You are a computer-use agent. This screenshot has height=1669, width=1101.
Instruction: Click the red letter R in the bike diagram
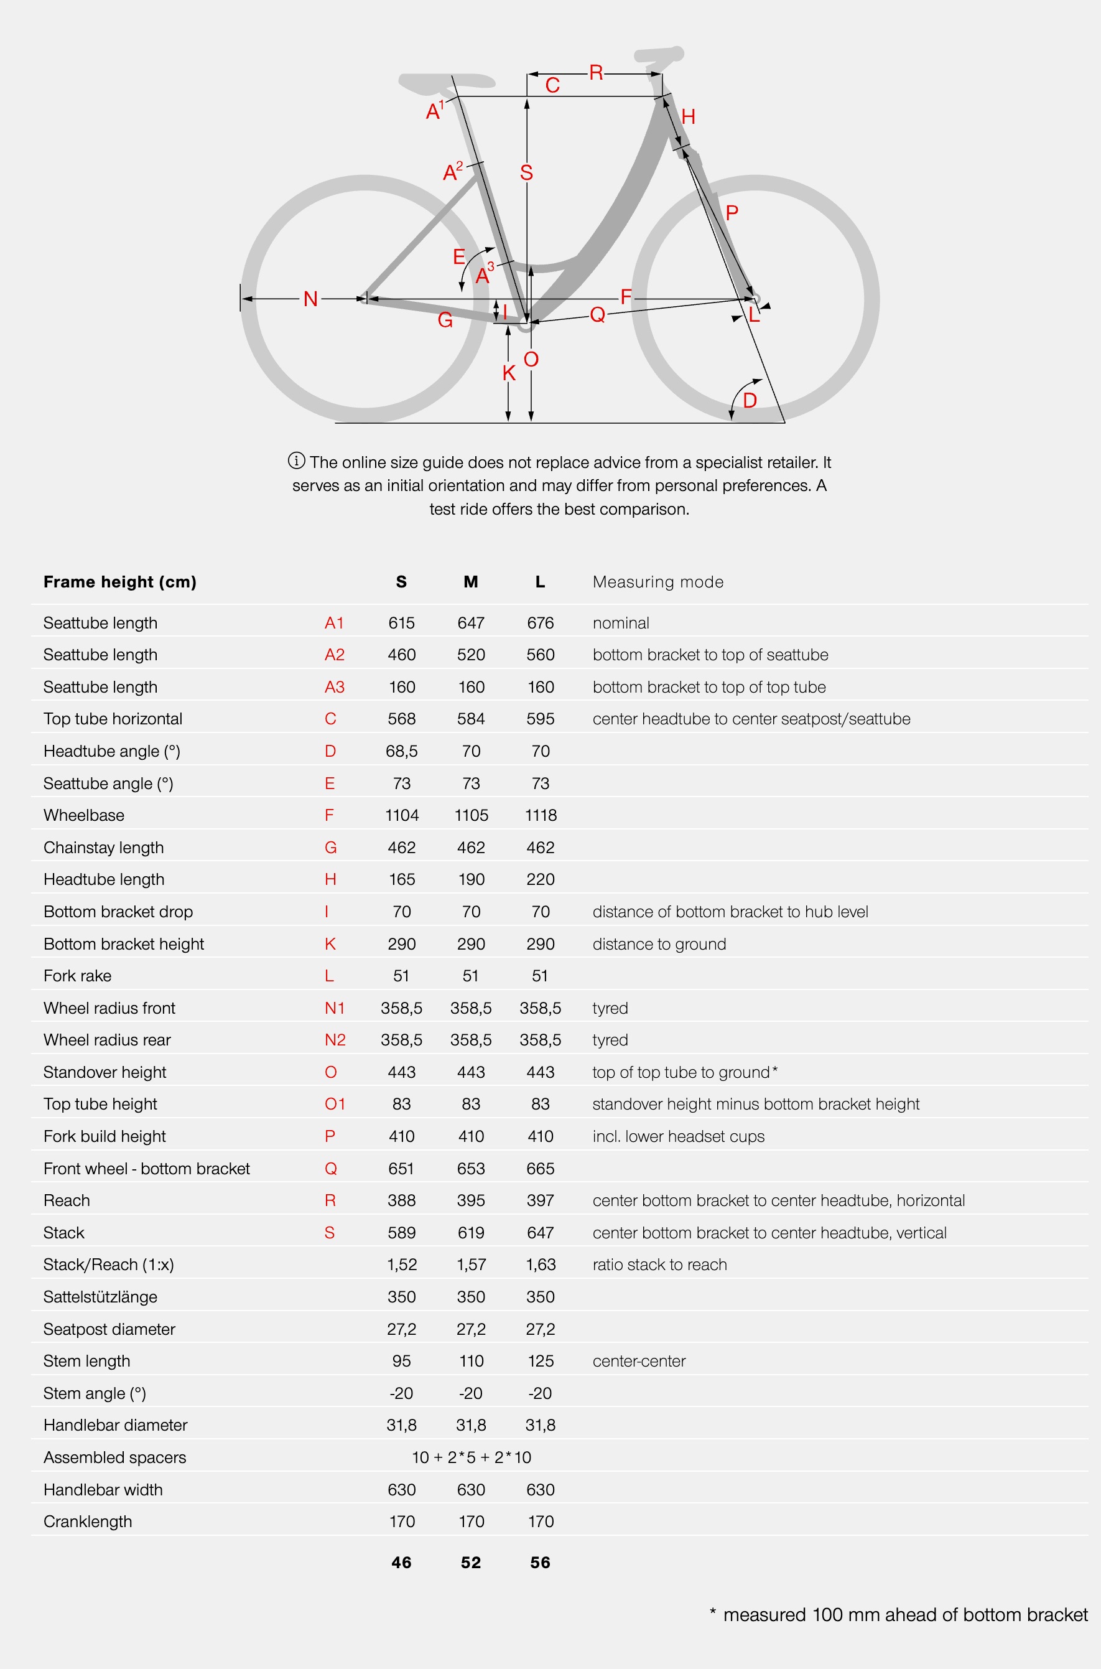pos(596,72)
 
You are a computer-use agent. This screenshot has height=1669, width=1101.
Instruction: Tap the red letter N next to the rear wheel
pos(310,299)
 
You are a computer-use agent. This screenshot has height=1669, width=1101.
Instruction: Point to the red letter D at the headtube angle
pos(750,400)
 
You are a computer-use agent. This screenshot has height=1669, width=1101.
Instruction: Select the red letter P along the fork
pos(732,213)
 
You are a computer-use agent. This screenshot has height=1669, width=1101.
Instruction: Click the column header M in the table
pos(470,582)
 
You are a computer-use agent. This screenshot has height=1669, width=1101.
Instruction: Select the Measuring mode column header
pos(658,582)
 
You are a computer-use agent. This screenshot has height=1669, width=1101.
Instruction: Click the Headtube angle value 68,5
pos(402,751)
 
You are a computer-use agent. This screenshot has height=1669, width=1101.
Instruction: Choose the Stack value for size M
pos(470,1232)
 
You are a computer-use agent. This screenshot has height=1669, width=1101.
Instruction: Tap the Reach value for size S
pos(402,1200)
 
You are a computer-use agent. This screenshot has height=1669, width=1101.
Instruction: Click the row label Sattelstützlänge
pos(100,1297)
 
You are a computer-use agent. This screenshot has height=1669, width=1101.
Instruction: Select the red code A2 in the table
pos(334,655)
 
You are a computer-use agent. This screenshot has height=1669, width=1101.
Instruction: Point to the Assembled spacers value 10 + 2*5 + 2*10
pos(471,1457)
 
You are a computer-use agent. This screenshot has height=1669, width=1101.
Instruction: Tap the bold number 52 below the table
pos(470,1562)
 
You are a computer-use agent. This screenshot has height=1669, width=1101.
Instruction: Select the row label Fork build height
pos(105,1136)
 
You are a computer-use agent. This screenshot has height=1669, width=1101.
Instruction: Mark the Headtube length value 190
pos(470,879)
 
